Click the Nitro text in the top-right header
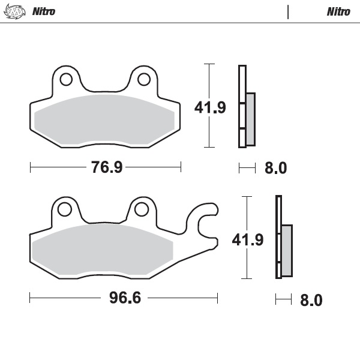338,11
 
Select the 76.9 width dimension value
107,167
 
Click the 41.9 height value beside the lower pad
248,240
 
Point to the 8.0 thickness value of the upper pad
275,169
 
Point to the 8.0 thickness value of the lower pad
311,300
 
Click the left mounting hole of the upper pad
66,79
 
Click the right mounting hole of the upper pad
144,79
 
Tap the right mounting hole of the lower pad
141,209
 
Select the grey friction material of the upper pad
105,120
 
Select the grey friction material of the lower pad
102,250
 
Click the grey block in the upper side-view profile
250,119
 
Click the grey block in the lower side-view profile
287,250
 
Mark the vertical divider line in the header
289,11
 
